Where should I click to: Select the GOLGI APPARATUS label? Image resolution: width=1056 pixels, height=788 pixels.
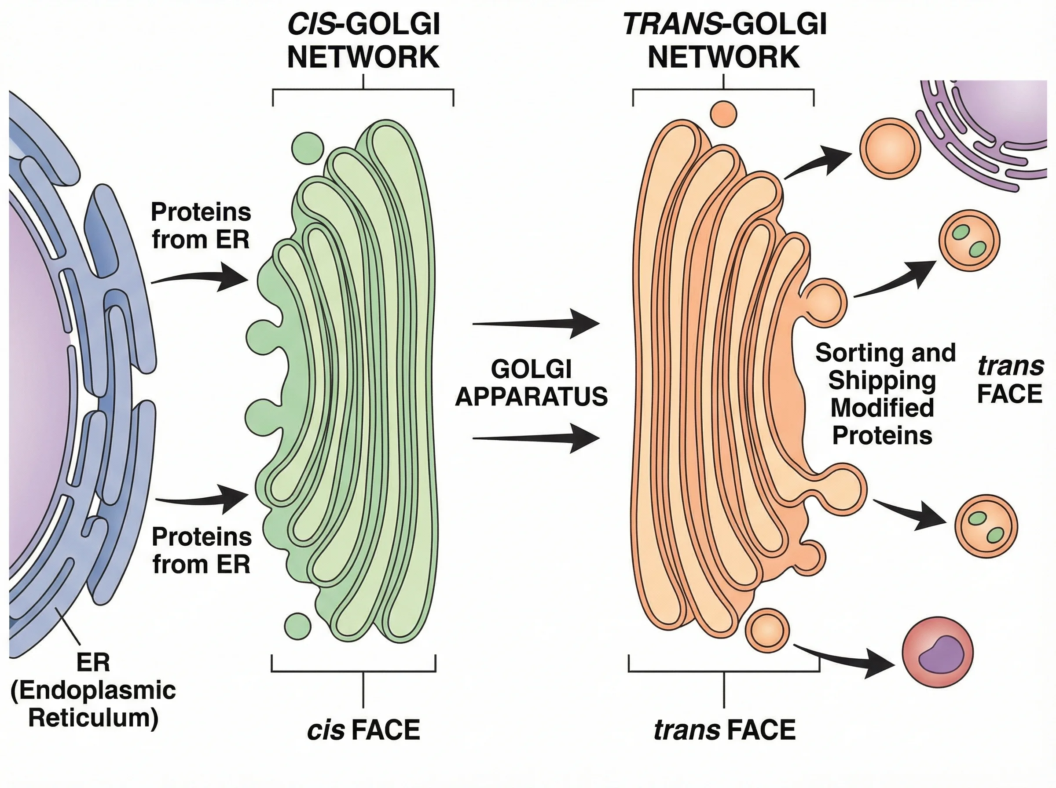(x=531, y=383)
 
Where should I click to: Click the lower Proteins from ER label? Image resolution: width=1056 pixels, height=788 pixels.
(x=202, y=551)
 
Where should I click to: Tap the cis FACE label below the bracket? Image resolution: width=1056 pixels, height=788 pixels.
(x=363, y=730)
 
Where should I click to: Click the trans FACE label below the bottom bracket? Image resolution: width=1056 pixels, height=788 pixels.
(x=724, y=730)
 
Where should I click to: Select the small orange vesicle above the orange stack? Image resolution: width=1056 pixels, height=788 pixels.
(x=723, y=114)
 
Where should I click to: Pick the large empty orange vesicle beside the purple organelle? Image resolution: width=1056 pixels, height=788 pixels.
(x=890, y=148)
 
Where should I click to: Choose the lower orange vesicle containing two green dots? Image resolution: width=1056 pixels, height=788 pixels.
(x=986, y=526)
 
